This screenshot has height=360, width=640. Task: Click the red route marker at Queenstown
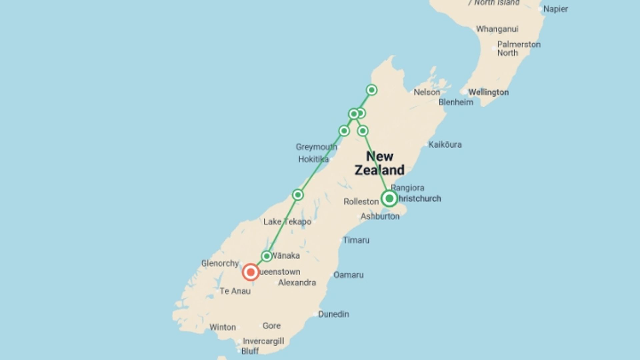[251, 272]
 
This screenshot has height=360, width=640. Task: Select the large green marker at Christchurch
[389, 199]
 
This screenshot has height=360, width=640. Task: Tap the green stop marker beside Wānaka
[267, 256]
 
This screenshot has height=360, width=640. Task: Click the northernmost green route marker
[372, 90]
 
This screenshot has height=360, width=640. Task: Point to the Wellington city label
[488, 92]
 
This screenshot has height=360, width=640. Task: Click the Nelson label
[427, 92]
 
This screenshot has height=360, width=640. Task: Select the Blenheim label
[456, 102]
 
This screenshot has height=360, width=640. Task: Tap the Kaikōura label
[445, 145]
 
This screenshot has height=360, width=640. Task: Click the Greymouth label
[316, 147]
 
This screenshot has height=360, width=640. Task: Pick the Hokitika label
[313, 159]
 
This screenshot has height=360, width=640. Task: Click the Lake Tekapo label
[287, 222]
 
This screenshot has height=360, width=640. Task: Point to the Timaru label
[356, 240]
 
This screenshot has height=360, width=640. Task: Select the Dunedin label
[333, 314]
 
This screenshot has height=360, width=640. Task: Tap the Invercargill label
[263, 341]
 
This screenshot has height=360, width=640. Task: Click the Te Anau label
[235, 291]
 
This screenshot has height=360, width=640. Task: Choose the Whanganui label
[497, 29]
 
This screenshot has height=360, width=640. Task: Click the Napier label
[556, 9]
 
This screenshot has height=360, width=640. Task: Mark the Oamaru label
[348, 275]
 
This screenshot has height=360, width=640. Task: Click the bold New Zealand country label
[380, 163]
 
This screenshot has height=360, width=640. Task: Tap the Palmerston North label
[519, 49]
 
